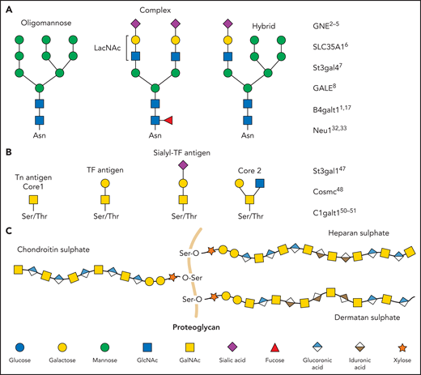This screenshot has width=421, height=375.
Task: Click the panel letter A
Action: tap(8, 8)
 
